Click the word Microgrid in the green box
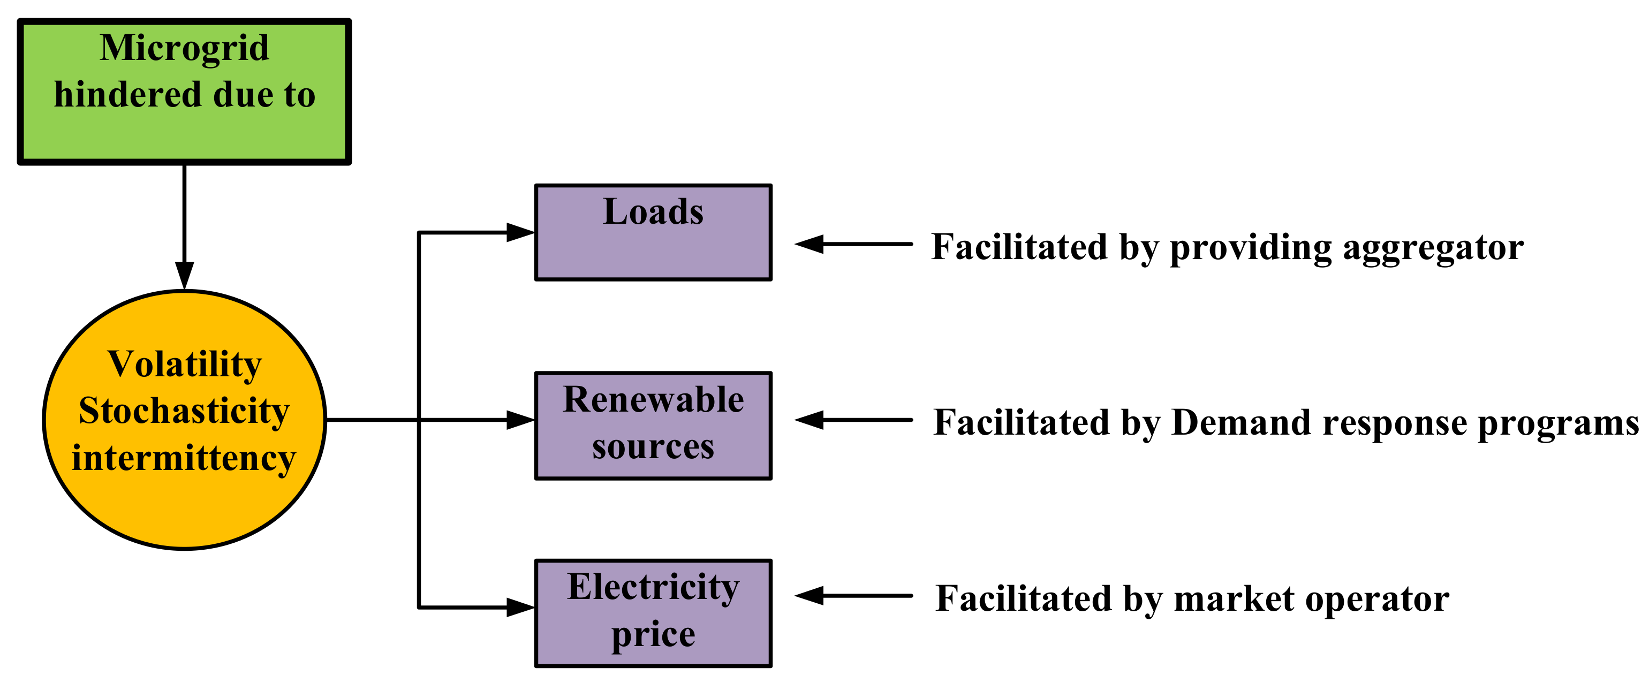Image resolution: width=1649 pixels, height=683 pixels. [184, 49]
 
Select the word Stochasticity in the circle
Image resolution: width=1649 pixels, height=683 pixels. [184, 411]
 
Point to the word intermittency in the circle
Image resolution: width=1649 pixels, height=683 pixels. [184, 458]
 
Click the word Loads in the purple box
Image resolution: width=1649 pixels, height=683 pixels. [653, 212]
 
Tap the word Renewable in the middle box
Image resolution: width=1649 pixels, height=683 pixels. [653, 400]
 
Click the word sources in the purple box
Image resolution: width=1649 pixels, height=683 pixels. [653, 446]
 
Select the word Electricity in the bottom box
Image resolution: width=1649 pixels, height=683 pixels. [653, 587]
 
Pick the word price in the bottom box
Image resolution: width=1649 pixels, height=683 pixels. [653, 634]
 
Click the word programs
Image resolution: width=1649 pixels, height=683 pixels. [1558, 424]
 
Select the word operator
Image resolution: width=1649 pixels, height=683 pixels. [1377, 601]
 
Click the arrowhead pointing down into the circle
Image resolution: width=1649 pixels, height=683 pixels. [184, 275]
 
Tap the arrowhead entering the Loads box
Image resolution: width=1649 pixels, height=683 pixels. [520, 232]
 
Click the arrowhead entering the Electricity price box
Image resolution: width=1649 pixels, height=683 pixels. [520, 608]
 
